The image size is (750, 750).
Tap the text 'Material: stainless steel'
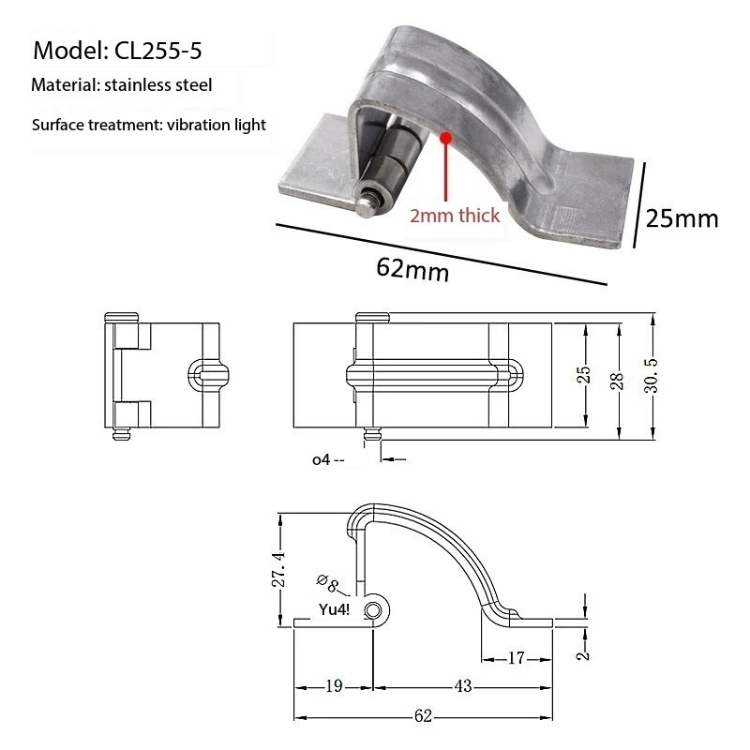click(x=122, y=85)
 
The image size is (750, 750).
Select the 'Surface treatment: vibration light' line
click(x=149, y=125)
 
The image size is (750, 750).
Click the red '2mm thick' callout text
click(x=455, y=216)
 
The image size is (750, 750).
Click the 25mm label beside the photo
click(x=682, y=218)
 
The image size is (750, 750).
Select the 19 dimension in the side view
click(x=334, y=686)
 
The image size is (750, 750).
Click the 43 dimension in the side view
click(x=463, y=686)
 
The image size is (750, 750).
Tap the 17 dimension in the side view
click(x=517, y=658)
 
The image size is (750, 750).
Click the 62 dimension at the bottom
click(x=423, y=717)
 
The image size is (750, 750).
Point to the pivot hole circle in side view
click(x=374, y=611)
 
